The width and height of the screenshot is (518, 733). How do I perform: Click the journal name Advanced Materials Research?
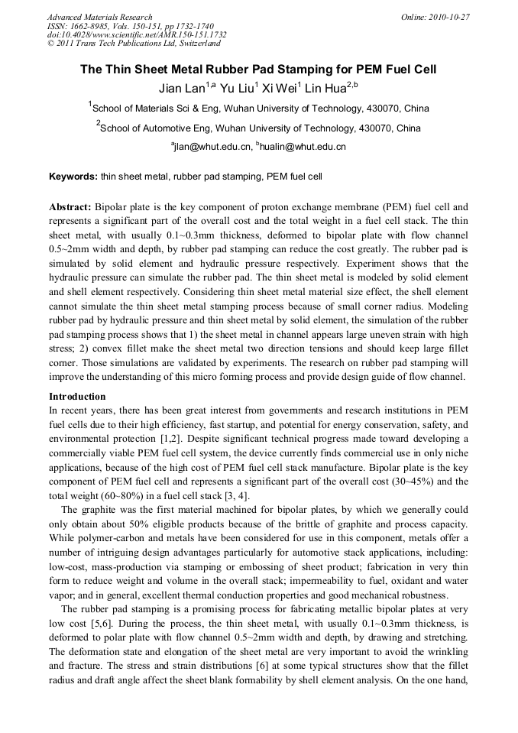click(x=99, y=17)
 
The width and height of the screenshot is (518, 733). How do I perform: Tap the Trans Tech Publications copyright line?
click(x=134, y=44)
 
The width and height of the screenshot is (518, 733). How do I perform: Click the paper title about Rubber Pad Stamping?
click(x=259, y=69)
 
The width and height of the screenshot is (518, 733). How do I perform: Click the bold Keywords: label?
click(x=73, y=177)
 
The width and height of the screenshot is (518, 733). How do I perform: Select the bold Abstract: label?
click(x=70, y=207)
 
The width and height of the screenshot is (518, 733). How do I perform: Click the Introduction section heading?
click(x=77, y=397)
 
